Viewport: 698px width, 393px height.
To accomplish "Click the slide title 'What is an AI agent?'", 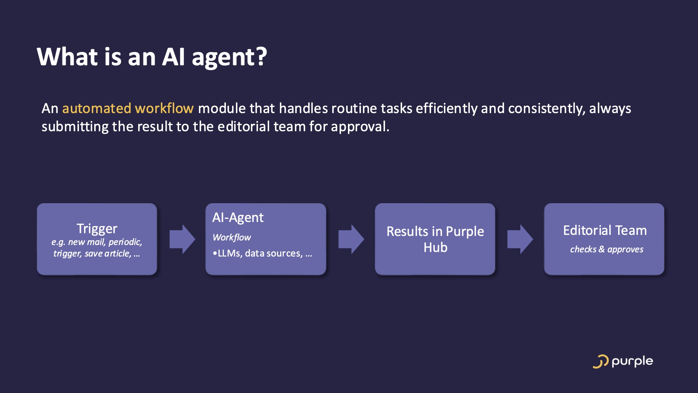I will tap(151, 57).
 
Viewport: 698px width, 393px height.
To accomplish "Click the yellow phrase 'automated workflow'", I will tap(128, 109).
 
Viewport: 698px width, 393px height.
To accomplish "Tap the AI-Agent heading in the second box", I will tap(238, 217).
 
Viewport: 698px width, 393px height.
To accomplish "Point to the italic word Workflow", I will tap(232, 237).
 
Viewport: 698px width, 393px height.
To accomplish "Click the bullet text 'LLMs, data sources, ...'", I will tap(264, 253).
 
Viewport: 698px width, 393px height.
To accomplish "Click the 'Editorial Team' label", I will tap(604, 230).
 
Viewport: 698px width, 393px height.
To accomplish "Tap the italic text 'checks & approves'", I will tap(607, 249).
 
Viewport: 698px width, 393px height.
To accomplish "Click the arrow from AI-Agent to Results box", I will tap(351, 239).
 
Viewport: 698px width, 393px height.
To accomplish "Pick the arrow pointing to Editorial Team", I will tap(520, 239).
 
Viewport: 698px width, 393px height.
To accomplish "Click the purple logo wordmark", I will tap(632, 362).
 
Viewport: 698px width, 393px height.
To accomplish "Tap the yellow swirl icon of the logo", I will tap(600, 362).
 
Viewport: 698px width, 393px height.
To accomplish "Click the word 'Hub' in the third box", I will tap(435, 247).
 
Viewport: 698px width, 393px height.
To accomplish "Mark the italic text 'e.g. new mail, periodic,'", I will tap(97, 242).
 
